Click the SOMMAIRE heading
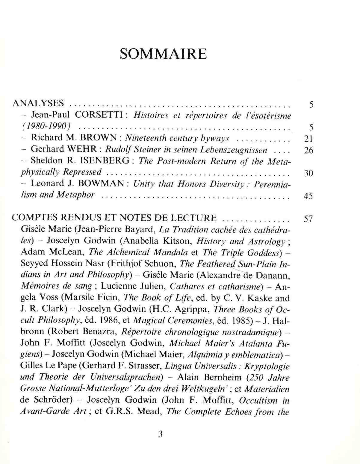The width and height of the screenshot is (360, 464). (x=163, y=54)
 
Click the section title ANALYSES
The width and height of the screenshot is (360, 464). (x=38, y=103)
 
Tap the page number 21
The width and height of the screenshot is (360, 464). (x=308, y=139)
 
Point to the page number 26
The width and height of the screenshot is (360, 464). (x=308, y=150)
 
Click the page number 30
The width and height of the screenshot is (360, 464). (x=308, y=173)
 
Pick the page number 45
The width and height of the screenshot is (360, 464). (x=308, y=196)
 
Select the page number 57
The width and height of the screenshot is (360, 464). (x=308, y=219)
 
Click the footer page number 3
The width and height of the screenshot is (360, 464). (x=161, y=434)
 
